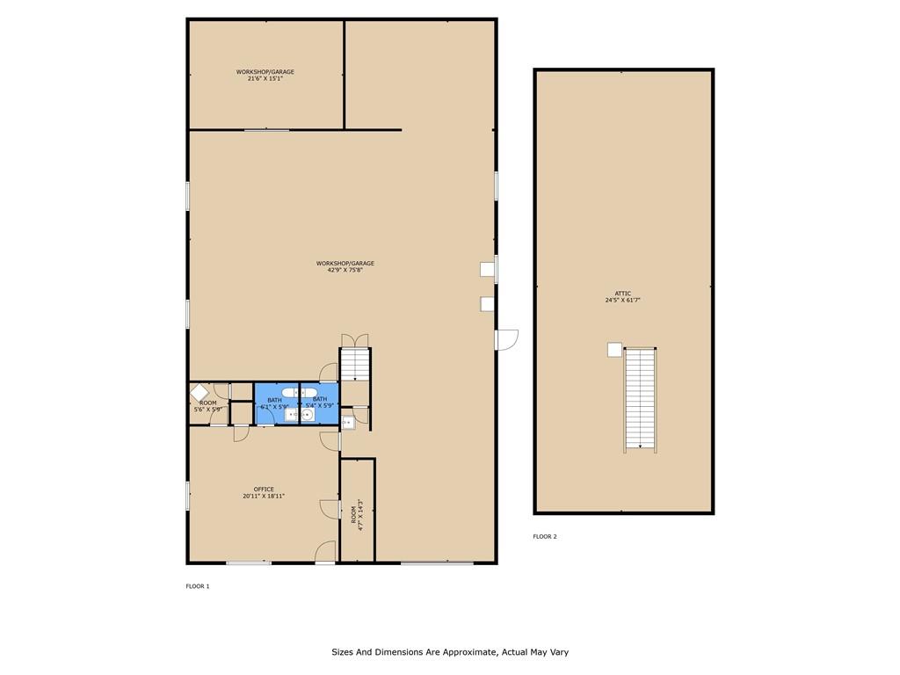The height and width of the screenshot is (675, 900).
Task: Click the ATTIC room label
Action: pos(623,294)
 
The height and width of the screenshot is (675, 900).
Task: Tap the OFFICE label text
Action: pos(264,490)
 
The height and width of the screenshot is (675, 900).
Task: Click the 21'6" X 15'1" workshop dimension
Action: pos(265,78)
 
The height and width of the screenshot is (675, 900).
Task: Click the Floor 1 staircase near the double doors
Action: pos(355,364)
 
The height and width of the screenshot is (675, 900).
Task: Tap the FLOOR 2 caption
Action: pos(544,536)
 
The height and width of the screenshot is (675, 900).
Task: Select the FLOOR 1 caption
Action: pos(197,586)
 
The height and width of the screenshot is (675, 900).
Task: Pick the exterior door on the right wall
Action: pos(507,339)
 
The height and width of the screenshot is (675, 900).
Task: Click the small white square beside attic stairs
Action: pos(614,350)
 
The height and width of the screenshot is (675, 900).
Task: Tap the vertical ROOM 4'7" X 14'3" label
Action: pos(357,512)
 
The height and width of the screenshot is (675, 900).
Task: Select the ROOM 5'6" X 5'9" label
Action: pos(209,406)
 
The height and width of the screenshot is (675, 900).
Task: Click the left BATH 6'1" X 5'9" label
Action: pos(274,403)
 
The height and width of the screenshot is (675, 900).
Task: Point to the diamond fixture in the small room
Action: pos(200,393)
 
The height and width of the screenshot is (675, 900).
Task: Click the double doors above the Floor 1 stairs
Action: pos(355,340)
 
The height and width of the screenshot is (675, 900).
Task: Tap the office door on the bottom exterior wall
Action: pos(326,552)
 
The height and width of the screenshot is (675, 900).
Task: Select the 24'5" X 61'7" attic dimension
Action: pos(623,301)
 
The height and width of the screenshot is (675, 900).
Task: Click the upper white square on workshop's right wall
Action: pos(486,270)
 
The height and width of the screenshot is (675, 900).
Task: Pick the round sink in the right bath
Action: pos(308,414)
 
